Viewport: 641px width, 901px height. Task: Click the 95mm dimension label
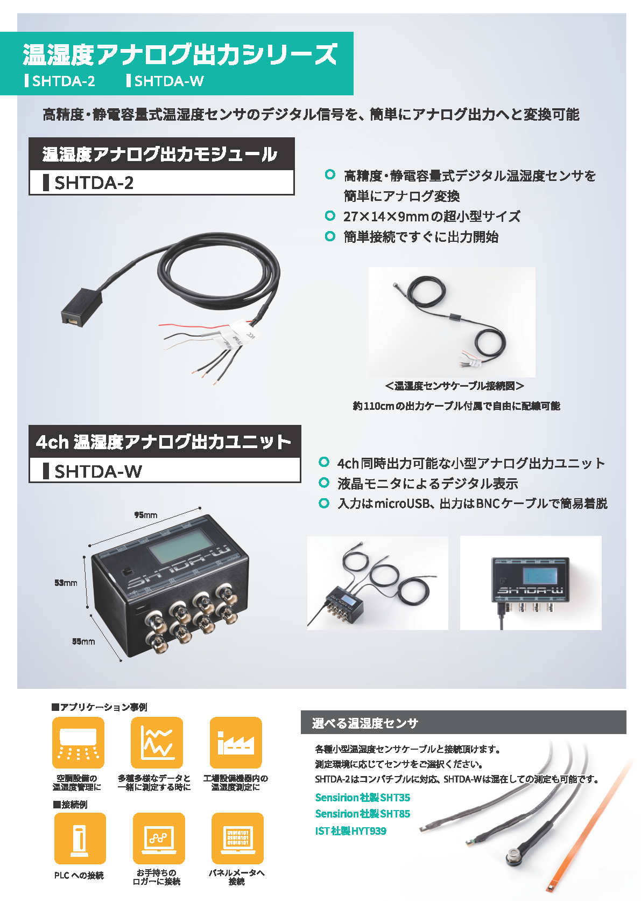[x=146, y=515]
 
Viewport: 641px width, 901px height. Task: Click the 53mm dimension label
[x=66, y=583]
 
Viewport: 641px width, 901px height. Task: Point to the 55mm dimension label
[x=83, y=641]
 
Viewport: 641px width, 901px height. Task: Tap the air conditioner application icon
[x=78, y=743]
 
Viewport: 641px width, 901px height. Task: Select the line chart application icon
[x=157, y=743]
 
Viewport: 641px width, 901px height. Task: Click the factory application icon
[x=235, y=743]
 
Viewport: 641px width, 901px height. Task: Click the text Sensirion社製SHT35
[x=362, y=798]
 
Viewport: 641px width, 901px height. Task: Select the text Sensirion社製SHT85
[x=362, y=814]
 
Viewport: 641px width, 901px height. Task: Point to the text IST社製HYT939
[x=350, y=831]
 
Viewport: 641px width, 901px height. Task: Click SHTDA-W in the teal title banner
[x=168, y=81]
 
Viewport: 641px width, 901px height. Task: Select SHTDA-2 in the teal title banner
[x=64, y=81]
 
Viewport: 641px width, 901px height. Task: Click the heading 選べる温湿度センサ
[x=365, y=723]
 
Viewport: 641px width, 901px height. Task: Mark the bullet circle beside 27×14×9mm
[x=330, y=216]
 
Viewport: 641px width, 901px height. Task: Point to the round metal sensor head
[x=512, y=856]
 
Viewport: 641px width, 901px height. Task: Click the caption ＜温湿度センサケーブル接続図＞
[x=454, y=386]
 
